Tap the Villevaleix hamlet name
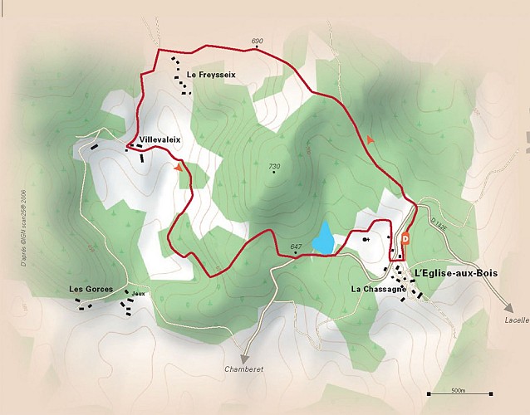[x=160, y=139]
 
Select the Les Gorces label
[x=91, y=289]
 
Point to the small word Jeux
[x=138, y=294]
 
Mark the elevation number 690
[x=256, y=41]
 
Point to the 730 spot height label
[x=274, y=166]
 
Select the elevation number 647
[x=296, y=247]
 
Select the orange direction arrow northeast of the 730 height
[x=369, y=140]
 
